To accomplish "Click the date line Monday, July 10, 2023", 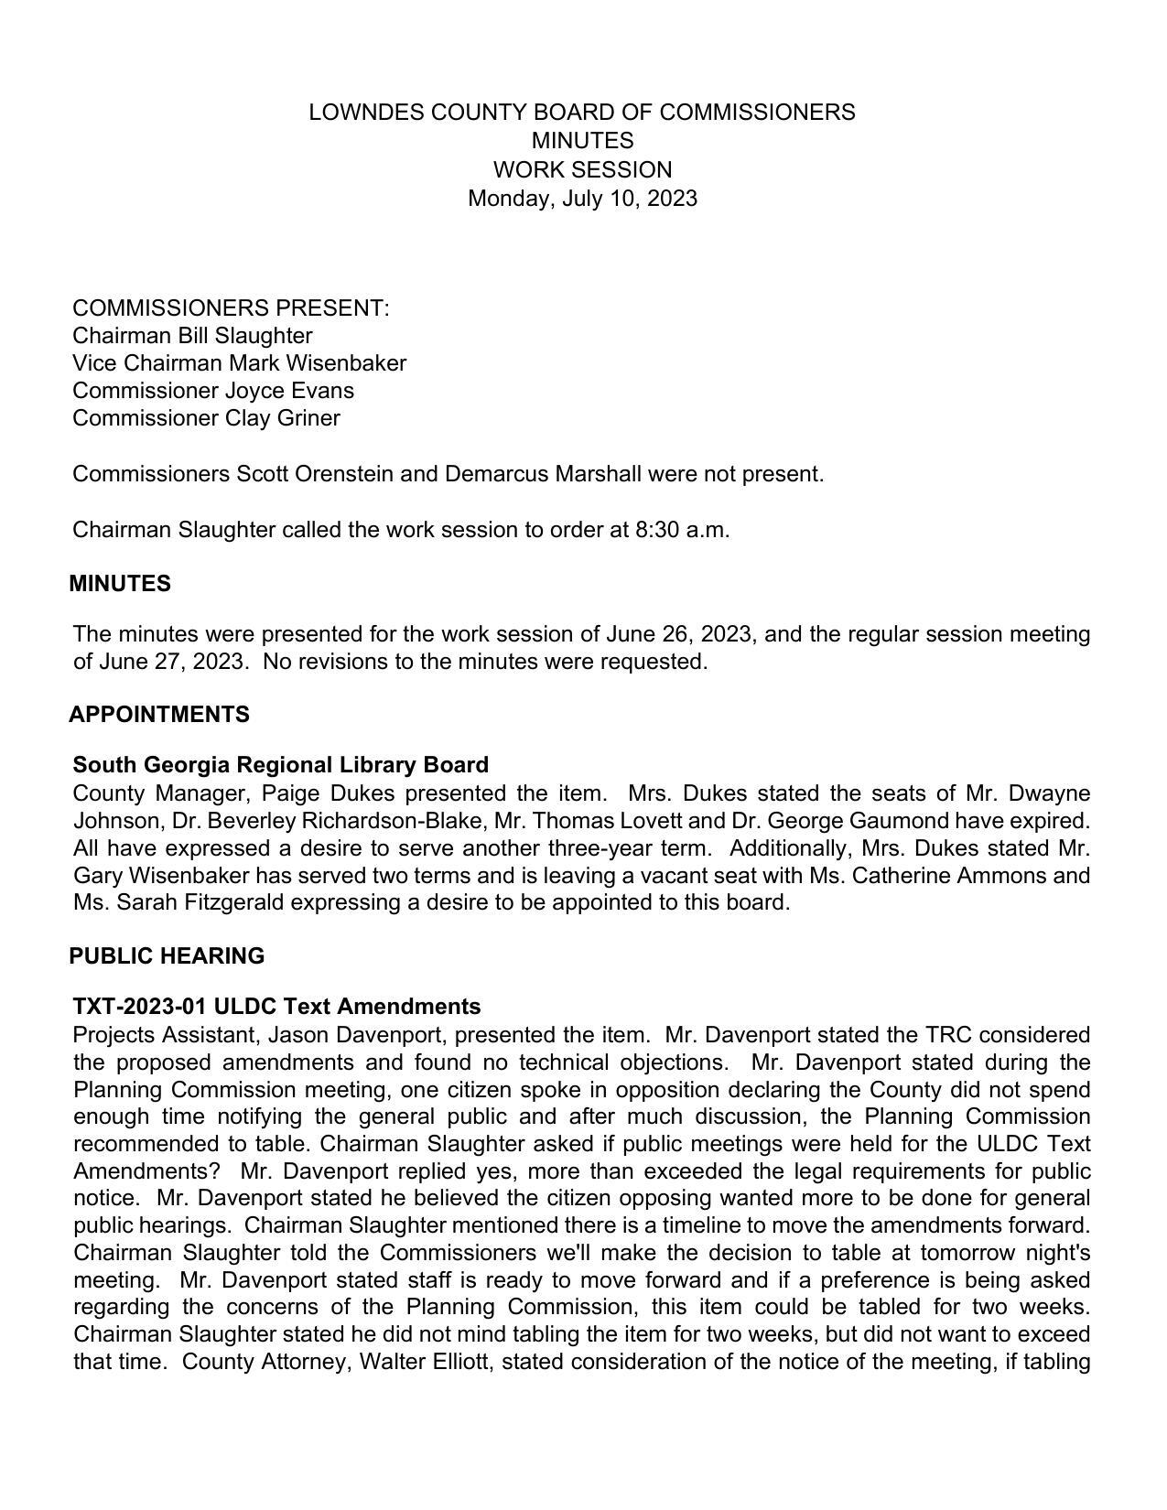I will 582,199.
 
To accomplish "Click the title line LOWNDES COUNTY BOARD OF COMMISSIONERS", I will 582,113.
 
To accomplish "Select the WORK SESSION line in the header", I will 582,170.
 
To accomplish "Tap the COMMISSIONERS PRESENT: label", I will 231,308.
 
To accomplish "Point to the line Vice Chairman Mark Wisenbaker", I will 239,363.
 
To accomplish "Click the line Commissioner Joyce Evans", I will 213,391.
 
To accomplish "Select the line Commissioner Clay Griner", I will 206,418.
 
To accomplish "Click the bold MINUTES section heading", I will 120,584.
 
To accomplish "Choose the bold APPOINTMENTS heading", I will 159,715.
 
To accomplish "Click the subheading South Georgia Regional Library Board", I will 280,765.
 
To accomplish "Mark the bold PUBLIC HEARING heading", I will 167,956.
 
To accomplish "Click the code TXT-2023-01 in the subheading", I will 139,1007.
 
